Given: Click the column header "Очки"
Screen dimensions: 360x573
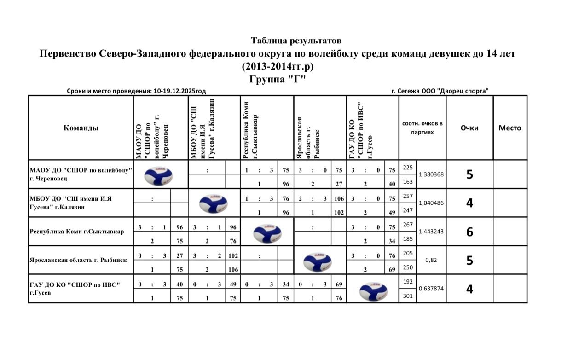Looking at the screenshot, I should (x=469, y=128).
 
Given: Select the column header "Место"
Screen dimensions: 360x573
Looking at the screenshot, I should (x=510, y=128).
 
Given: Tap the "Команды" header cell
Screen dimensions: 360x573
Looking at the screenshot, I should (x=81, y=128).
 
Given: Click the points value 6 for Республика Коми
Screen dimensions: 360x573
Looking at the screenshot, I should (x=469, y=232).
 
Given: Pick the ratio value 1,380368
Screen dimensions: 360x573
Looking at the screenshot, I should (x=431, y=174).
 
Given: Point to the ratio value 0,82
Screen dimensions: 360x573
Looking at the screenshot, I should (x=431, y=260).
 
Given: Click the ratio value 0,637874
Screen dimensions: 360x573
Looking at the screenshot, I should (x=431, y=289).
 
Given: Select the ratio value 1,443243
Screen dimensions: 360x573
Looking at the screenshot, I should (x=431, y=232).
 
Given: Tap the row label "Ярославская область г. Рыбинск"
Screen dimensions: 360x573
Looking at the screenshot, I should (x=78, y=260).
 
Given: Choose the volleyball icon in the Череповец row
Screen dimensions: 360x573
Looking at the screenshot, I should (x=158, y=174).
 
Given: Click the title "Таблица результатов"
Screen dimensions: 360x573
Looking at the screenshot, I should (x=296, y=41).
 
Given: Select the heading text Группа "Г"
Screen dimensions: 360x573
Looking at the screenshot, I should (x=278, y=79).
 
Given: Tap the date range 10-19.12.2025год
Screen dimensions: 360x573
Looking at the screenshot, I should (x=180, y=92).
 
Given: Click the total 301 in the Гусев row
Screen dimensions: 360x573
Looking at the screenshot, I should (x=408, y=296).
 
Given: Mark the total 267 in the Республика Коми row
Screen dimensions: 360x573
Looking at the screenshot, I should (x=408, y=224).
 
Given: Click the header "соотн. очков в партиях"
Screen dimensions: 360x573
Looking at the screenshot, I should (x=422, y=128).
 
